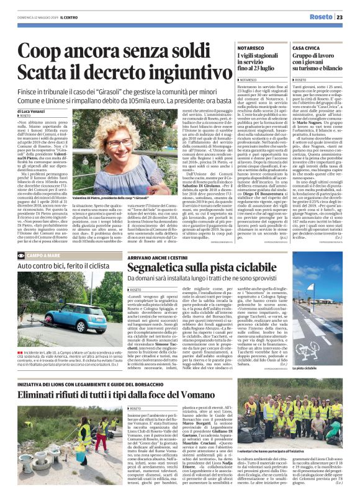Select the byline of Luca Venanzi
(30, 110)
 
